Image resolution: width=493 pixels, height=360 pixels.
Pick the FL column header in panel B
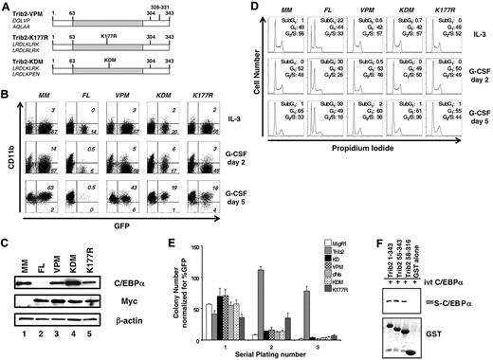pyautogui.click(x=80, y=99)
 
